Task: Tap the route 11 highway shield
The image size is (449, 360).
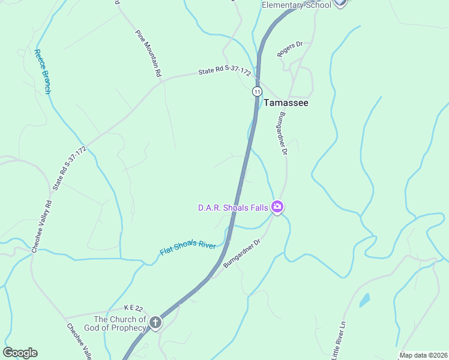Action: [257, 91]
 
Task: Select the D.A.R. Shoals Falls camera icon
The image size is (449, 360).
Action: [277, 207]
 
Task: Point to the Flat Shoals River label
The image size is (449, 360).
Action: [187, 243]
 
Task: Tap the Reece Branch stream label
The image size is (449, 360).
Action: [43, 71]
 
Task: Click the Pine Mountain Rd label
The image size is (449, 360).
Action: [149, 53]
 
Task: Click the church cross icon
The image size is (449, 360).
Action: [155, 323]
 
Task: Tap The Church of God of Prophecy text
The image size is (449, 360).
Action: [119, 323]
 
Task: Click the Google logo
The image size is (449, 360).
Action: [20, 353]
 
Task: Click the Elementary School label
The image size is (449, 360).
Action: [296, 5]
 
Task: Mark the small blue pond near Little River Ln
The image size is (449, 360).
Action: [364, 300]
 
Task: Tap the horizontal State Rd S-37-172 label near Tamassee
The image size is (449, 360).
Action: [224, 72]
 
